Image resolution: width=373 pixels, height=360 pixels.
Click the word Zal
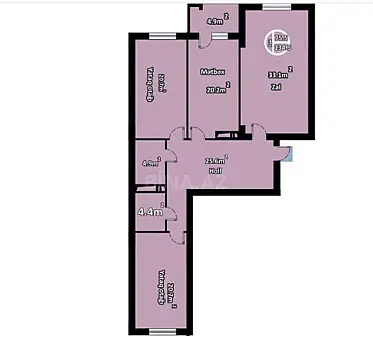point(275,87)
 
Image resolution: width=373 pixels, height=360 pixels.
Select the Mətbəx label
point(211,72)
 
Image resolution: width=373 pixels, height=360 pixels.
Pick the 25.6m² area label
point(215,160)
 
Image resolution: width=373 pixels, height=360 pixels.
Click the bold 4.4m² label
point(150,211)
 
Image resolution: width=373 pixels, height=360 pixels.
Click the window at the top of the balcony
point(208,7)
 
